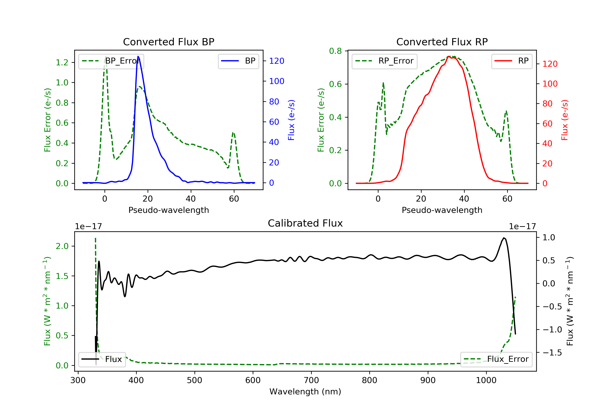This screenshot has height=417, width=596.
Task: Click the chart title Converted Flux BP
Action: point(168,42)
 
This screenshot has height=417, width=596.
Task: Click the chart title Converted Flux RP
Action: point(442,42)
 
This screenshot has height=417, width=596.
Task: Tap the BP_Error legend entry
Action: point(111,61)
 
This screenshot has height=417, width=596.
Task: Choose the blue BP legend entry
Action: point(238,61)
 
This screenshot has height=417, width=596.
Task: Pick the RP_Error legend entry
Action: point(384,61)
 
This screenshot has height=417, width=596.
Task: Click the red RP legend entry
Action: point(512,61)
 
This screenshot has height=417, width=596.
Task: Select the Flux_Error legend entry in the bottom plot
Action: point(496,359)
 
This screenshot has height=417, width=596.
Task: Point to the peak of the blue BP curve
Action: point(138,56)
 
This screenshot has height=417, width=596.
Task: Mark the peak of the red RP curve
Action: point(449,57)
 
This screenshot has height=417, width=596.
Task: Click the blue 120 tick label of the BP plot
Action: point(277,61)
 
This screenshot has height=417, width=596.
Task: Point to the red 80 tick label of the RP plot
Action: point(548,103)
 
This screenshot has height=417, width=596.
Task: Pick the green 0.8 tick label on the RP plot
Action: point(335,51)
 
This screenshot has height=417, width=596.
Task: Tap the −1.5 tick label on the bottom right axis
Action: point(552,353)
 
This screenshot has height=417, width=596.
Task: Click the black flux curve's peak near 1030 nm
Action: point(504,238)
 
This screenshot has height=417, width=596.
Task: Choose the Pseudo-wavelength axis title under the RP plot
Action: point(442,210)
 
